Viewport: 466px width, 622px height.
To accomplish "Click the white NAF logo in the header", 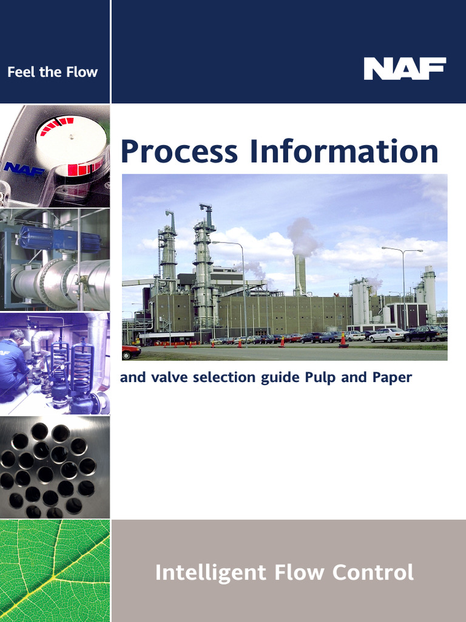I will [405, 69].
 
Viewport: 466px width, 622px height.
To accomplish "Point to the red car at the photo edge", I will [130, 351].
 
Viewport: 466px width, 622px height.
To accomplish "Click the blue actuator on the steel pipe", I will [59, 239].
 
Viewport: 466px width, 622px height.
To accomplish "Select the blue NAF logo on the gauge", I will [24, 168].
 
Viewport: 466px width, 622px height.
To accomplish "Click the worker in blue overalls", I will [13, 364].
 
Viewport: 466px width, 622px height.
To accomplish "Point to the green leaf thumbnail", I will [55, 570].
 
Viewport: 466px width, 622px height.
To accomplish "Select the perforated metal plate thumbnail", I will [55, 467].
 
